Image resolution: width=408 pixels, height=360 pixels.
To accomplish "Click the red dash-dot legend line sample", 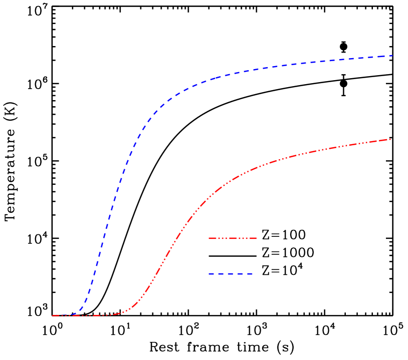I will [x=233, y=238].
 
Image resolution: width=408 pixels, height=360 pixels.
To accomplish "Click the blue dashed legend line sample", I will [x=231, y=274].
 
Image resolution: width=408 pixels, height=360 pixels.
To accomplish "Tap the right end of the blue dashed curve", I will [x=391, y=56].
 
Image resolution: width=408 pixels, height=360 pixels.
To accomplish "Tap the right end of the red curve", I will [x=390, y=139].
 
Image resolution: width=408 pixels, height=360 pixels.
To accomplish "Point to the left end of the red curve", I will [x=53, y=315].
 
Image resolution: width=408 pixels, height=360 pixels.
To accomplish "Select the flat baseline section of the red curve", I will [x=85, y=315].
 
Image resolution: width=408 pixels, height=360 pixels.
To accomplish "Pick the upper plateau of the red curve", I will [x=341, y=146].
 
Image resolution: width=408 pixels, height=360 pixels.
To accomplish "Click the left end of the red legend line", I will [x=210, y=238].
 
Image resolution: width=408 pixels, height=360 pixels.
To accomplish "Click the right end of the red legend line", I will [x=256, y=238].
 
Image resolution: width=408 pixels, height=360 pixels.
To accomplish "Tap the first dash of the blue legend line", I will [x=213, y=274].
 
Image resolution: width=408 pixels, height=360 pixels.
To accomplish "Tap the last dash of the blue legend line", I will [x=248, y=274].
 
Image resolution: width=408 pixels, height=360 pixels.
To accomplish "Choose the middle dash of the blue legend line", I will [x=231, y=274].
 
